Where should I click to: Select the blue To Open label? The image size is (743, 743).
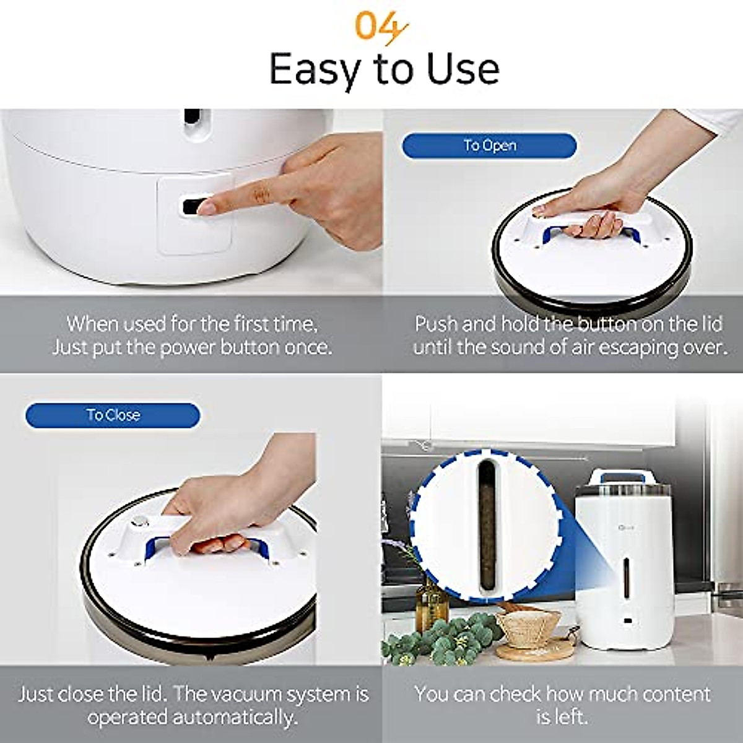[489, 146]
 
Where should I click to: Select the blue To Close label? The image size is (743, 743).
[113, 415]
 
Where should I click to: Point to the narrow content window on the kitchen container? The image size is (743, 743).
[627, 575]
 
